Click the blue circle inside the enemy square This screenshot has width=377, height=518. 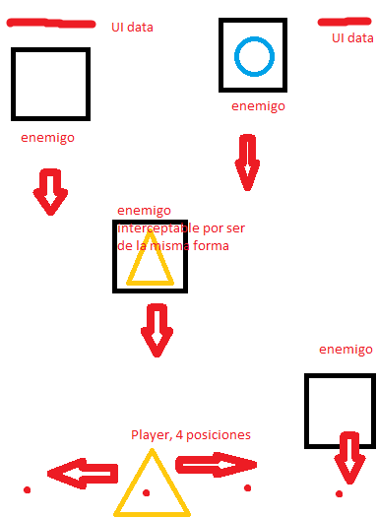253,55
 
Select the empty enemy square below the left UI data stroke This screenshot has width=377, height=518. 51,86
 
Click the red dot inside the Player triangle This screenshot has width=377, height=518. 147,491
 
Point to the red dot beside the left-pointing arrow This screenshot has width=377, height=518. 27,489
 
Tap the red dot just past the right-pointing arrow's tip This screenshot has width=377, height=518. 248,487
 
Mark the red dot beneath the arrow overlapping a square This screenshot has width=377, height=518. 339,492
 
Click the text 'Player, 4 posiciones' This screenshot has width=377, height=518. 191,434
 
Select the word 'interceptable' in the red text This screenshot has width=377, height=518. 156,228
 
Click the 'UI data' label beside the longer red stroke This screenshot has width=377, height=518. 132,28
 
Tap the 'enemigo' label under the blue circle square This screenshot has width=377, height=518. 259,106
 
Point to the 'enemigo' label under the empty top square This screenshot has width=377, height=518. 47,138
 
